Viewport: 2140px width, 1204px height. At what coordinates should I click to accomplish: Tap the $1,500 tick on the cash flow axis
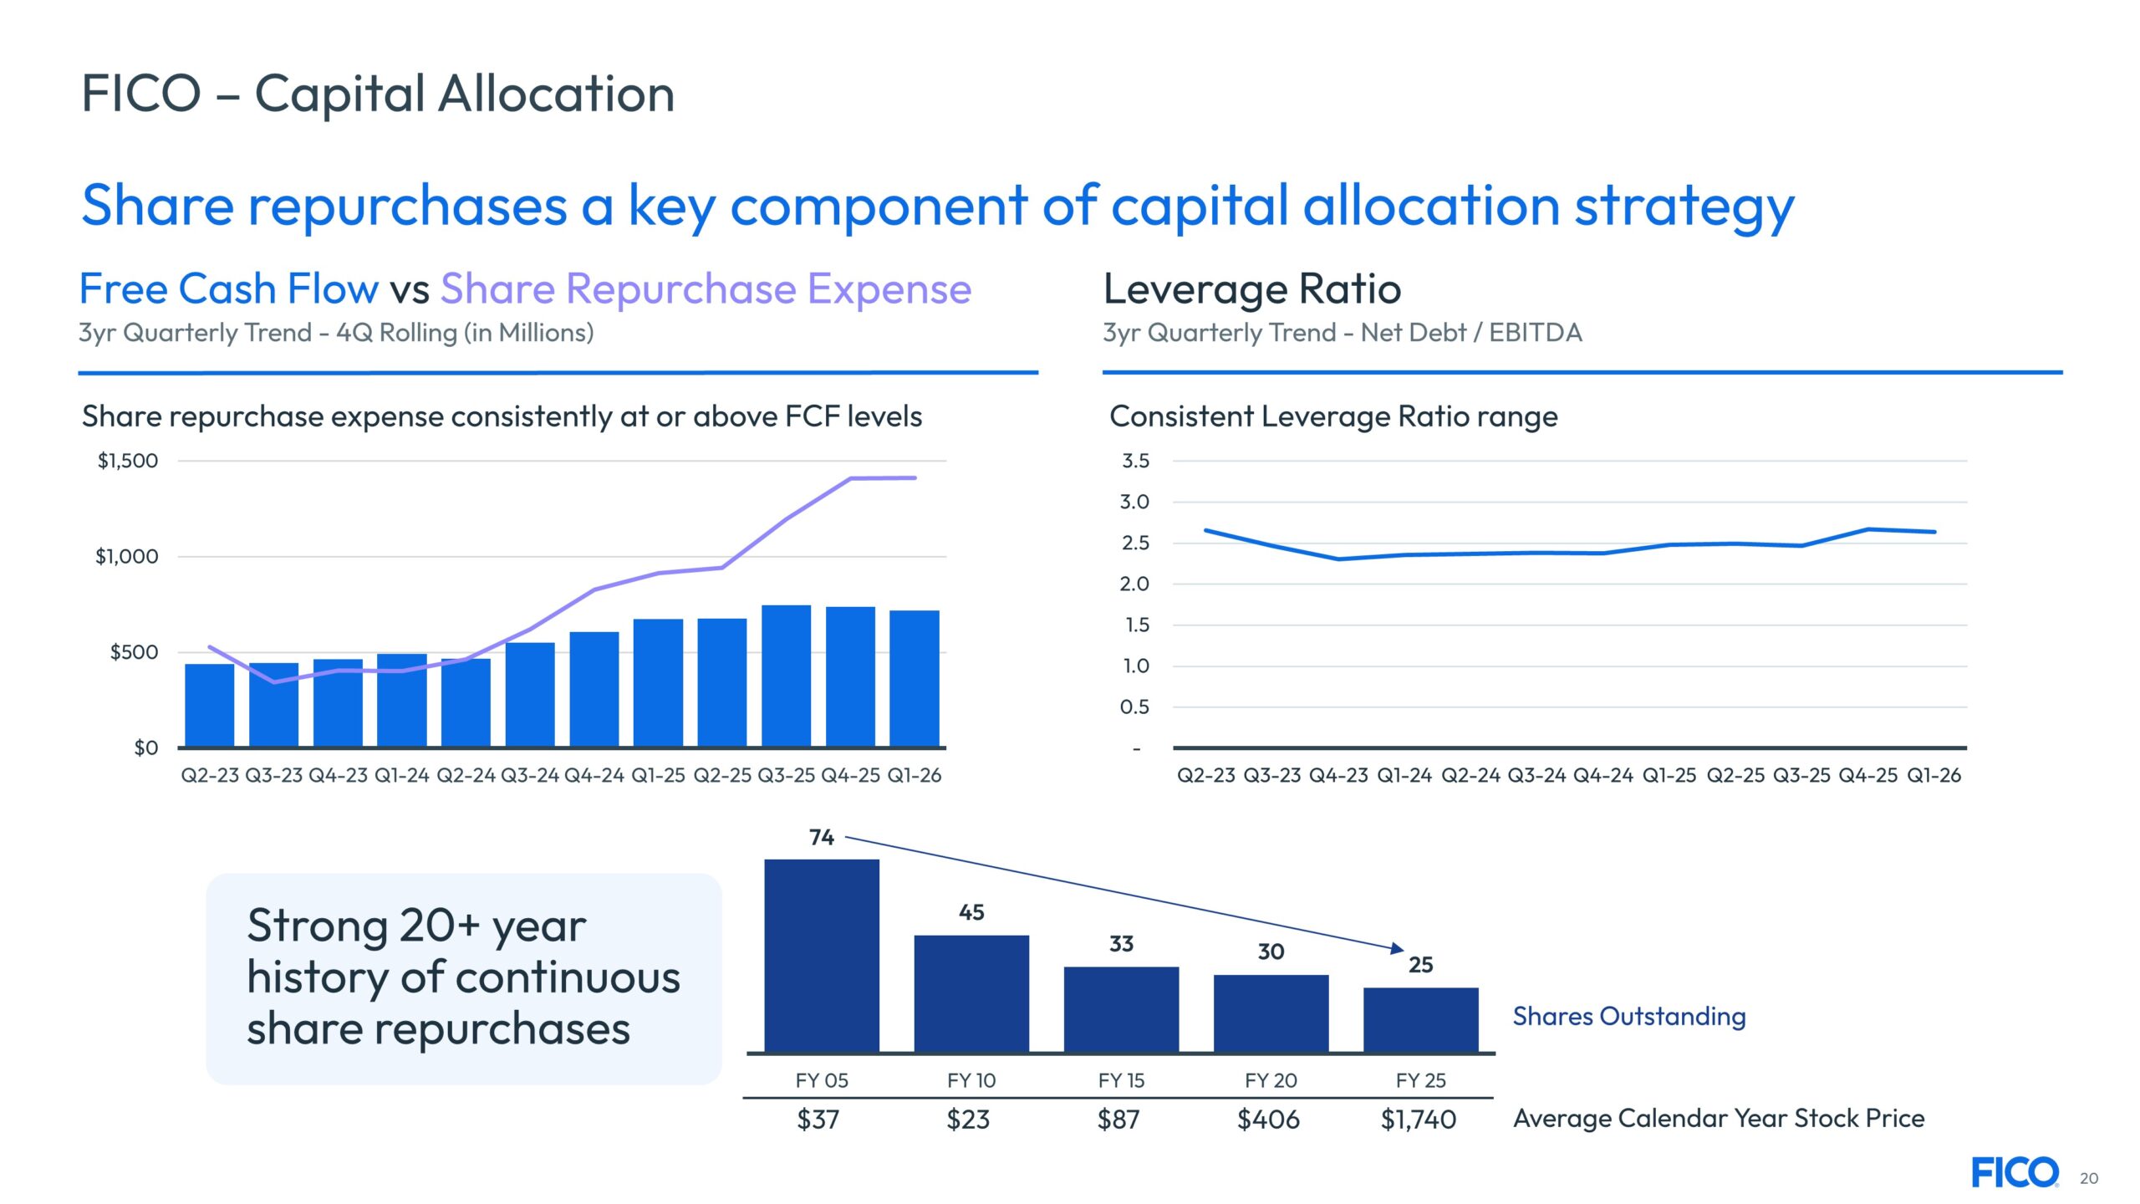(128, 461)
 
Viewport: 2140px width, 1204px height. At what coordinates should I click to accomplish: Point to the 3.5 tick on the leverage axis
(1134, 461)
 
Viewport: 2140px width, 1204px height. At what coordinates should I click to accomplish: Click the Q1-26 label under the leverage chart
(1934, 775)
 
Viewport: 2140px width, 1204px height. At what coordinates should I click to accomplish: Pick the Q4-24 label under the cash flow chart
(594, 775)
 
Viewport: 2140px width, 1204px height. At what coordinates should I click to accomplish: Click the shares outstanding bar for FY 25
(1420, 1019)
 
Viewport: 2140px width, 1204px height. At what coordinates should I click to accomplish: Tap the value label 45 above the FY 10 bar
(971, 912)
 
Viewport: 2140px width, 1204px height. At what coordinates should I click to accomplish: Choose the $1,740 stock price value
(1419, 1119)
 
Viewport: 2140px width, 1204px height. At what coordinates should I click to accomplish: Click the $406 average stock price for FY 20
(1268, 1119)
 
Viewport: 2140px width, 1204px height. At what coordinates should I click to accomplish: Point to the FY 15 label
(1121, 1080)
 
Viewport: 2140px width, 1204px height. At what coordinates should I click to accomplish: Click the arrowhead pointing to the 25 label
(1397, 948)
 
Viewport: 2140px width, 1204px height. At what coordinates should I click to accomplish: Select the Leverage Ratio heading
(1252, 289)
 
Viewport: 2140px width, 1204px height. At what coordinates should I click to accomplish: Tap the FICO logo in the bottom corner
(2015, 1172)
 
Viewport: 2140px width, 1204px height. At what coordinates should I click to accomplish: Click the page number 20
(2089, 1178)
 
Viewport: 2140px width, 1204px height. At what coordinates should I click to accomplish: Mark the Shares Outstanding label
(1629, 1016)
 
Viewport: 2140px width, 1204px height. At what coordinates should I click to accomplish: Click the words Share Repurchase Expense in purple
(706, 289)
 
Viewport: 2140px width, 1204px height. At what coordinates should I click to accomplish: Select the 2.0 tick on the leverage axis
(1134, 584)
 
